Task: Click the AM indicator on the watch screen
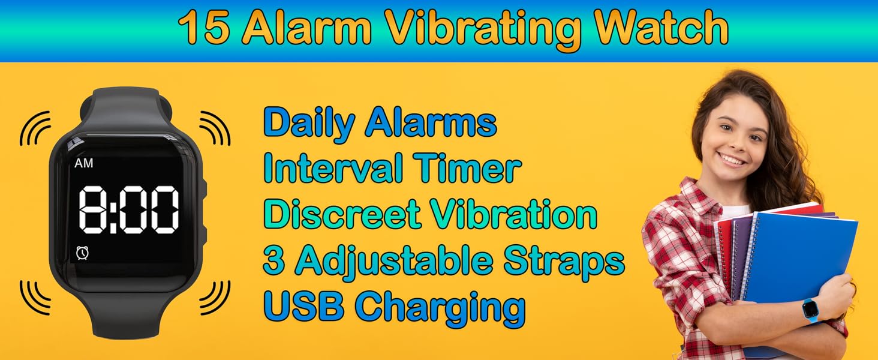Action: [x=83, y=163]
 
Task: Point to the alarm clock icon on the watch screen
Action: [x=83, y=253]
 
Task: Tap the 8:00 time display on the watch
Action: [x=130, y=209]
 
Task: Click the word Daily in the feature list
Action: [x=309, y=123]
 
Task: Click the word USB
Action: [x=303, y=306]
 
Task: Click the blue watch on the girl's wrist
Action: [x=811, y=310]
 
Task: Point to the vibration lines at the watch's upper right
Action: [x=215, y=128]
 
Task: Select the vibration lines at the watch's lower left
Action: [x=35, y=297]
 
